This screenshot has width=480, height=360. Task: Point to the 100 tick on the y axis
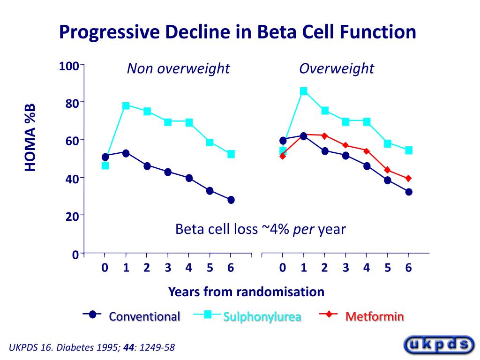[68, 66]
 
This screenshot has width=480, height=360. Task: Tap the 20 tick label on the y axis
[71, 216]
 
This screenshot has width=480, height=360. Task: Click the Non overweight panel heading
[178, 69]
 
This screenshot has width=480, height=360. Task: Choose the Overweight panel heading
[337, 69]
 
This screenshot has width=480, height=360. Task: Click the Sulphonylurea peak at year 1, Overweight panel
[304, 91]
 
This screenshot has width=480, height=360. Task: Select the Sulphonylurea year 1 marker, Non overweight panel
[126, 105]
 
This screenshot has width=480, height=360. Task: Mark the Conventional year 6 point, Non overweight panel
[231, 200]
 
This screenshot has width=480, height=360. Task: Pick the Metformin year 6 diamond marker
[408, 178]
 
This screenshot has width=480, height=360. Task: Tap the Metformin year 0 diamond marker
[283, 156]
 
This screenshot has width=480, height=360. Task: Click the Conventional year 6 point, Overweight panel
[408, 192]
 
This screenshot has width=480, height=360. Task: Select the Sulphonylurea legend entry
[262, 317]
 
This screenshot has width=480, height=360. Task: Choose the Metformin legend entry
[375, 317]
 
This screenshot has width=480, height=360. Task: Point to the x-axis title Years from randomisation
[246, 292]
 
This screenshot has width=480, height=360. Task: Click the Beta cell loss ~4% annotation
[260, 229]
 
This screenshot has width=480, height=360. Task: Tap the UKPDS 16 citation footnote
[92, 347]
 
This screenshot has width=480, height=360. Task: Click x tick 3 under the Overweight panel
[345, 268]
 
